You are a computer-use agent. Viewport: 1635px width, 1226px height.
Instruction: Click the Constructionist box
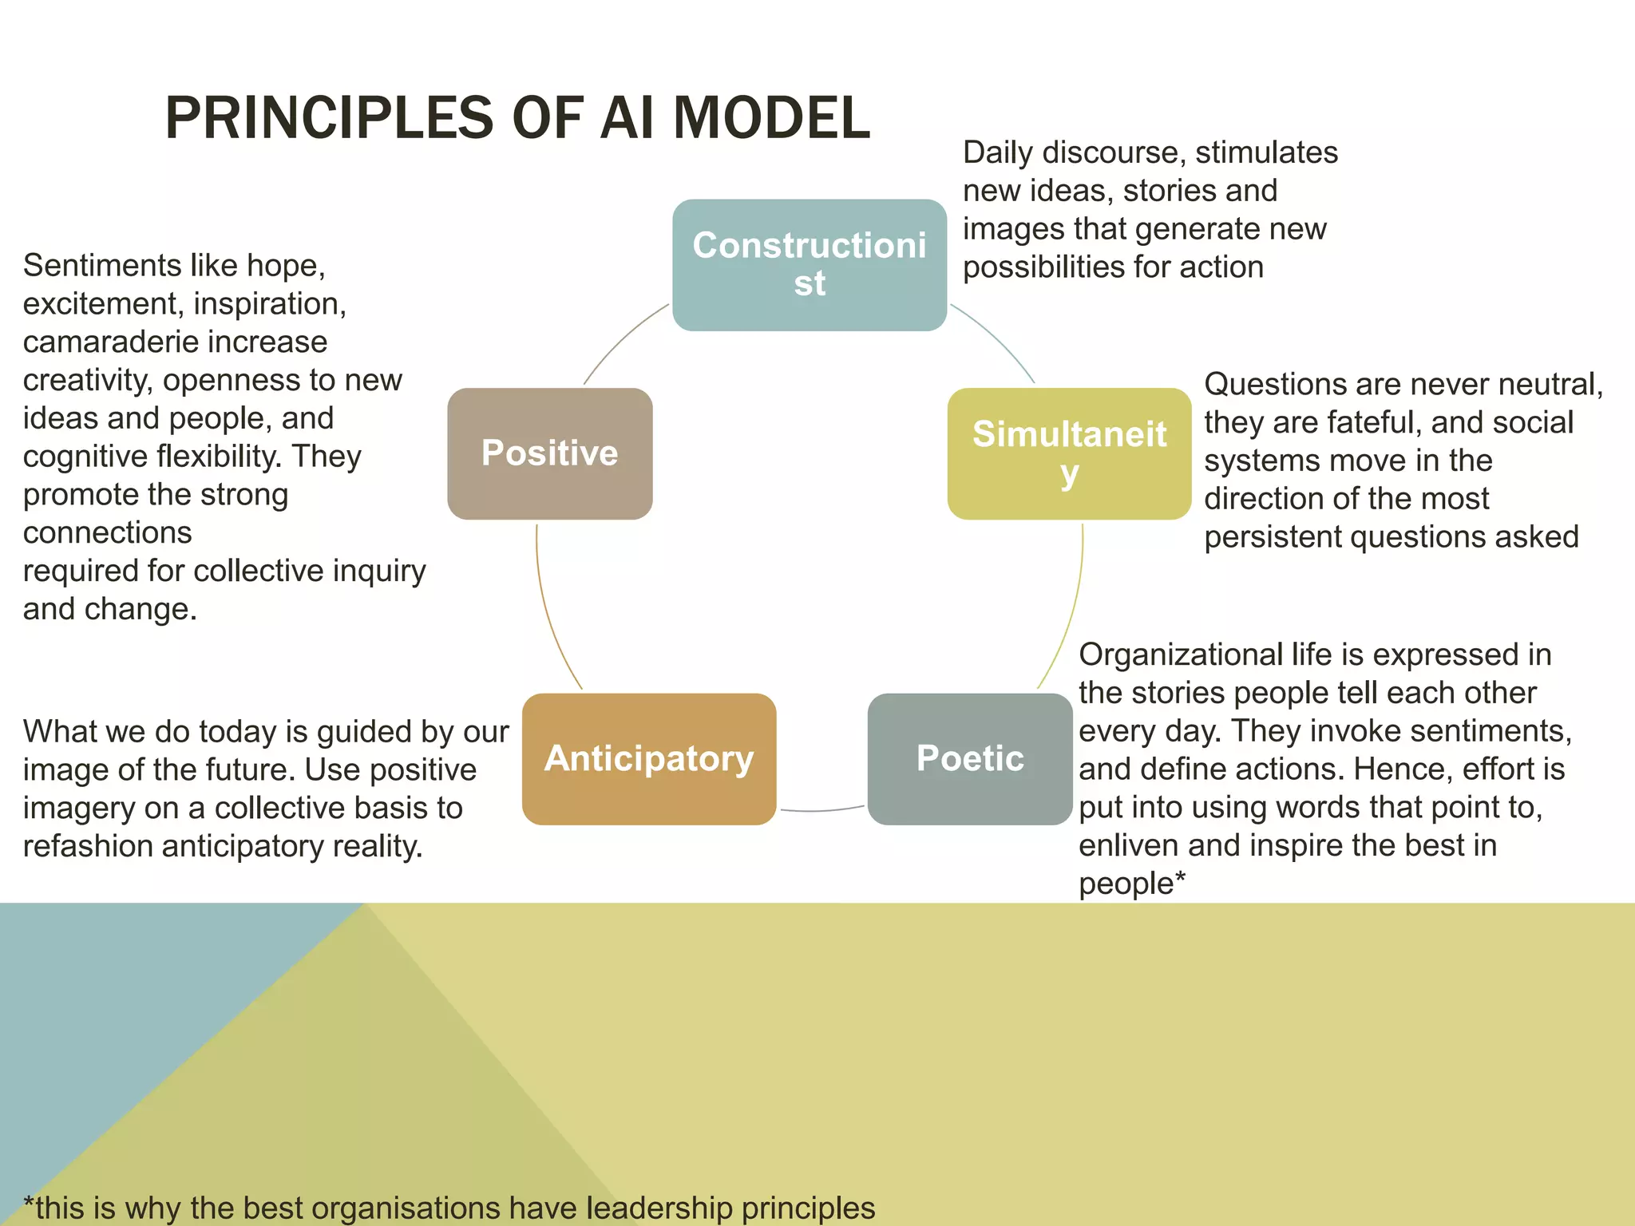[809, 265]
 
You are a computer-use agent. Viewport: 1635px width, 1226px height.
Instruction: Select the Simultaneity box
[1068, 453]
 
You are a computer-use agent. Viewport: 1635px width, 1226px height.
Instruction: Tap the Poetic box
[969, 758]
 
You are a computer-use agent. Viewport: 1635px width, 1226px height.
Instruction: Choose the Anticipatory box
[648, 758]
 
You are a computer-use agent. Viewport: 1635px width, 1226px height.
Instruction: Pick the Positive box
[549, 453]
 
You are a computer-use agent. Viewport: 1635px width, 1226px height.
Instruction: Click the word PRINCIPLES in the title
[330, 118]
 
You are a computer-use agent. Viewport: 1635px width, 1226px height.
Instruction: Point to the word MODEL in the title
[771, 118]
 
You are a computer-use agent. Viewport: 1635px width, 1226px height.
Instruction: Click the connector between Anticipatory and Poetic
[822, 811]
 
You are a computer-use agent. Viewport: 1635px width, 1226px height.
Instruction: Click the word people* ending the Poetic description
[1131, 884]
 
